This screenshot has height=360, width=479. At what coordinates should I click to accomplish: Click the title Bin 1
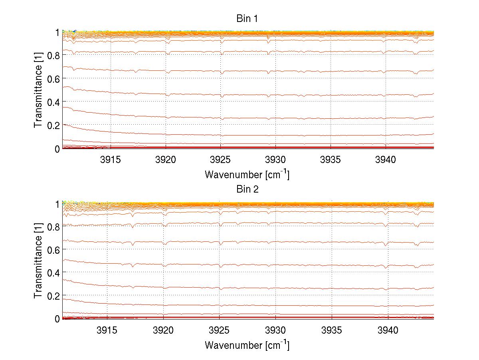247,18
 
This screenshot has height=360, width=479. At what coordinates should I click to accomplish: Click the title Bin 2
247,189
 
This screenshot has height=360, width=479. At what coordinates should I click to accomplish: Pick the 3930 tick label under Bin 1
275,160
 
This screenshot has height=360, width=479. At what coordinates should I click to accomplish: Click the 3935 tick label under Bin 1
331,160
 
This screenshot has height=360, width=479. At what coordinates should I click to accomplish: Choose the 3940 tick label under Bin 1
386,160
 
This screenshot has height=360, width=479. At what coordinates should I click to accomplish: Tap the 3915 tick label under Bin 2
107,330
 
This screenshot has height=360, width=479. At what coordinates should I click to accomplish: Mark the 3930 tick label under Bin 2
275,330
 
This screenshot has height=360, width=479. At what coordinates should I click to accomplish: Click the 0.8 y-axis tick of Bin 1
53,56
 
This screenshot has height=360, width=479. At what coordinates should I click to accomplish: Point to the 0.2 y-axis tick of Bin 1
53,125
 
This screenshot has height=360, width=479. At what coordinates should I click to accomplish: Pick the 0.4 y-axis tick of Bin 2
53,272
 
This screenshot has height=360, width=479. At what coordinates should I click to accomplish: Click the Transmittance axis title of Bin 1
38,90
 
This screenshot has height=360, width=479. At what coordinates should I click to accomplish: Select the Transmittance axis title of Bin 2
38,261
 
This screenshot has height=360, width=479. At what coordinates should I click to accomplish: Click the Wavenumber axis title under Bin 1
247,174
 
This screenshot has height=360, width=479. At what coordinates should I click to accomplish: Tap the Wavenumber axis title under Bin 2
247,344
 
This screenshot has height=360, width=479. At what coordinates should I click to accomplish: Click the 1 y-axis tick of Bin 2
57,204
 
